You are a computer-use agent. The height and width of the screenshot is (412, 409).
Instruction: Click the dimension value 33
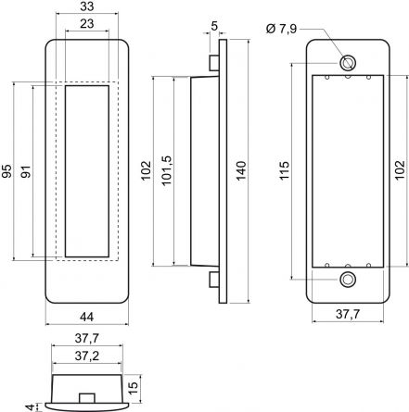click(x=87, y=6)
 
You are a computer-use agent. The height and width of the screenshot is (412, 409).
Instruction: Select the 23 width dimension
click(x=87, y=24)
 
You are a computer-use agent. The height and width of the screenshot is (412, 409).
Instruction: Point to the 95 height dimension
click(x=7, y=171)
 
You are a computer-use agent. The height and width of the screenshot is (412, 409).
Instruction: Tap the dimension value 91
click(x=26, y=171)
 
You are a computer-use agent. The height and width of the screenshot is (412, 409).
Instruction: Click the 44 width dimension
click(x=87, y=317)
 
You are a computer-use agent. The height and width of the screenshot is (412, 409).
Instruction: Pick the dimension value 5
click(x=214, y=26)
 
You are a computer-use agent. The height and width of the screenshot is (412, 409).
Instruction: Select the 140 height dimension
click(x=241, y=170)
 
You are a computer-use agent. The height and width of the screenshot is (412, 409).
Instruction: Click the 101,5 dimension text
click(x=167, y=170)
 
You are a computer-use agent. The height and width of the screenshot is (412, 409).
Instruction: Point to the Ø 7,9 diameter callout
click(x=281, y=29)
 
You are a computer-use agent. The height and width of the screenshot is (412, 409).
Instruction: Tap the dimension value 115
click(x=284, y=170)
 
